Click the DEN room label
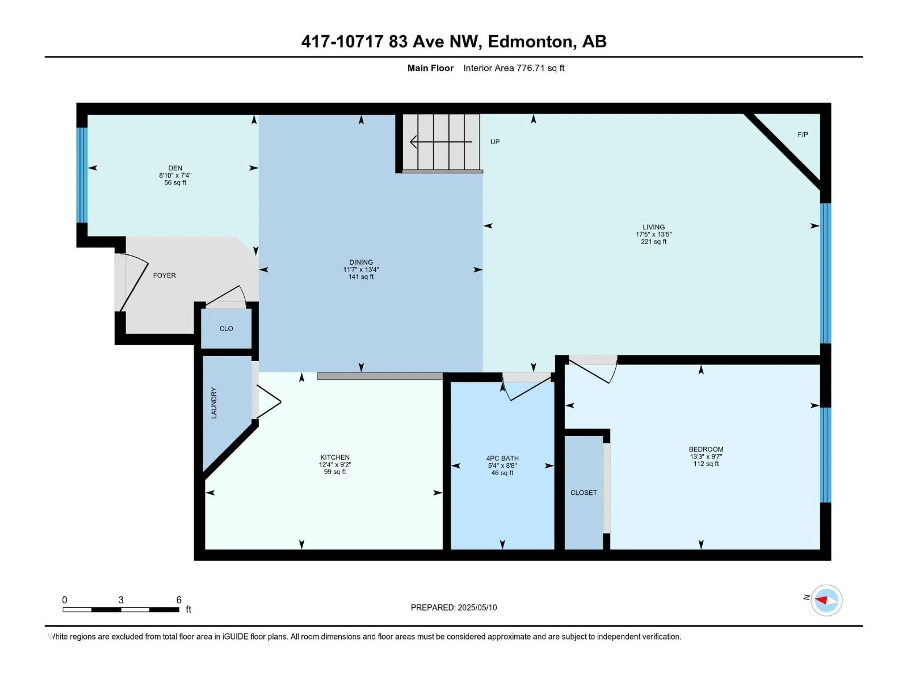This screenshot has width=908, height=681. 175,168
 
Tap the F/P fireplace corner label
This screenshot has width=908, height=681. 803,135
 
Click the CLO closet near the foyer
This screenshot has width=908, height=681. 226,328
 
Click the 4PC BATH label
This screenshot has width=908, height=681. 502,458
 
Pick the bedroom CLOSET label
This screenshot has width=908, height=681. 583,493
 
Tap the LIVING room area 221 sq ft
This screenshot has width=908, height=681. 654,242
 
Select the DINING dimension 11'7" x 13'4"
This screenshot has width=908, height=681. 361,270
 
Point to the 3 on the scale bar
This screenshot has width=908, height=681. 121,600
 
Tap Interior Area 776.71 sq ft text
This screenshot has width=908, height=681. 514,68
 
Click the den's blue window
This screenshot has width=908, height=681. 83,175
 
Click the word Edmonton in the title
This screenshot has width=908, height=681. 529,41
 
